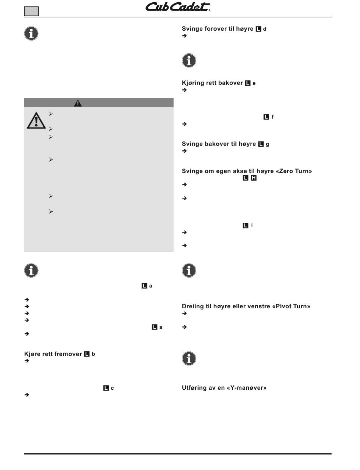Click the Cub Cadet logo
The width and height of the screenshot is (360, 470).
178,7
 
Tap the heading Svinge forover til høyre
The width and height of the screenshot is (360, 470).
218,29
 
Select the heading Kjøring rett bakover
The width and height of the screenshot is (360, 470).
212,83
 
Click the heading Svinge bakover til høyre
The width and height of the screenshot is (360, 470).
219,144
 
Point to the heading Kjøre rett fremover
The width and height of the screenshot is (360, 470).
53,354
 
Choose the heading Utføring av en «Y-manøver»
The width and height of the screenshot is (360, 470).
224,388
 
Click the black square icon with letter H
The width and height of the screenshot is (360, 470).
254,178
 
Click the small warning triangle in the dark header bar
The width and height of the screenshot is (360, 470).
78,103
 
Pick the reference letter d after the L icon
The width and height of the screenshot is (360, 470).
265,29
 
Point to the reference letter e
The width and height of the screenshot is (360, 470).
254,83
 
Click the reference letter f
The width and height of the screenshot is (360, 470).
272,117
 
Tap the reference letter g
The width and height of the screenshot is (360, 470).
267,144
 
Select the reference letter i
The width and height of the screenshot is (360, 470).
252,225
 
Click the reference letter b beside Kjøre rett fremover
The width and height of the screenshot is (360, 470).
93,354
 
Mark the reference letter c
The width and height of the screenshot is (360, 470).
112,388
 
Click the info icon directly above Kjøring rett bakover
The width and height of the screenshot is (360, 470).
189,61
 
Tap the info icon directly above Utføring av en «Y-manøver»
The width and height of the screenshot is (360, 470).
189,358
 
